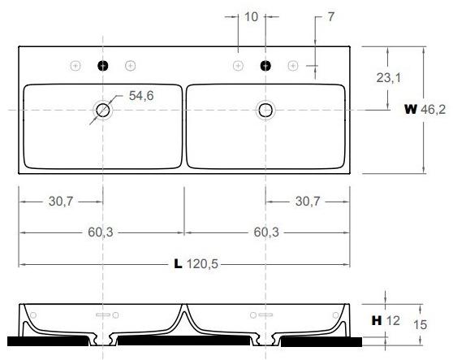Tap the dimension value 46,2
point(434,110)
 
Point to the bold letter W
point(411,110)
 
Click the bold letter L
point(177,264)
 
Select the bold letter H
point(377,321)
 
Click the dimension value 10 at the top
point(251,16)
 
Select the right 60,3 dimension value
point(267,232)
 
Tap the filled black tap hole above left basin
point(102,65)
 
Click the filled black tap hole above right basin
point(265,65)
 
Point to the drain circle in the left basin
point(102,110)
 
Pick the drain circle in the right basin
point(265,110)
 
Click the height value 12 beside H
point(394,321)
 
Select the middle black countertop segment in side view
point(185,339)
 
